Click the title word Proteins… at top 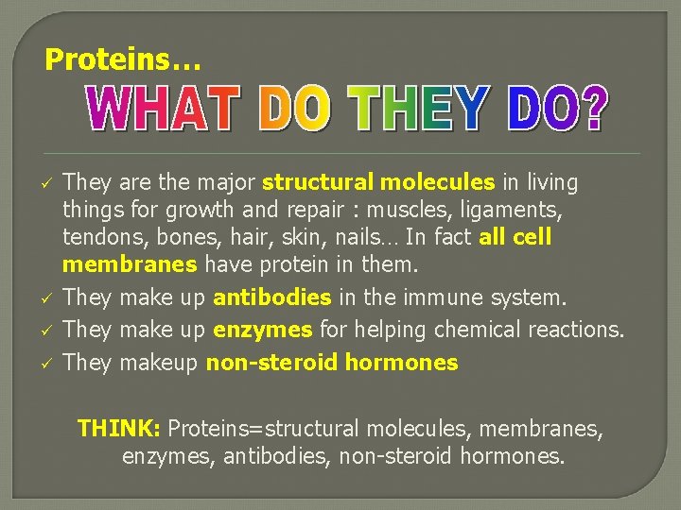(x=123, y=60)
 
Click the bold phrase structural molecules (x=378, y=181)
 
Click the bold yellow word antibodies (x=272, y=298)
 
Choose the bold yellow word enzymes (x=263, y=331)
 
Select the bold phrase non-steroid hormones (x=332, y=363)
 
